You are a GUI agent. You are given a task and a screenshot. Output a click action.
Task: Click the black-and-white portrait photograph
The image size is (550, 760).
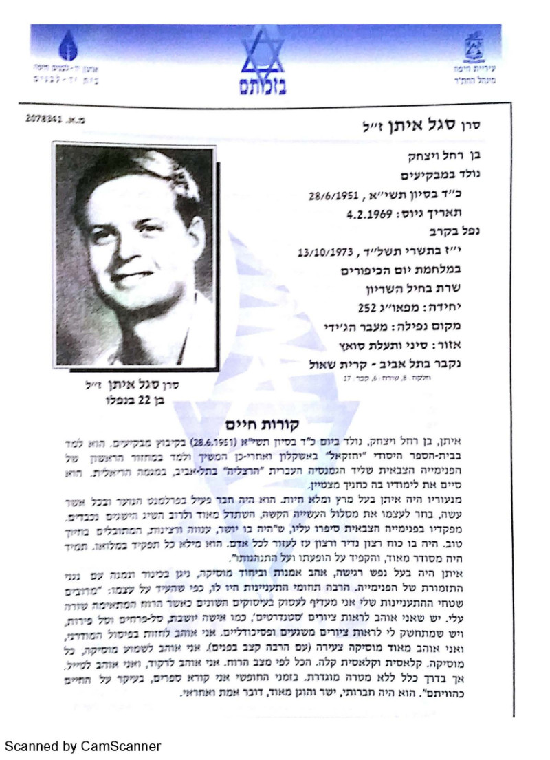[135, 254]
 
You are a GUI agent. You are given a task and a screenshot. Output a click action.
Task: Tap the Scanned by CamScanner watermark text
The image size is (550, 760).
[83, 746]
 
